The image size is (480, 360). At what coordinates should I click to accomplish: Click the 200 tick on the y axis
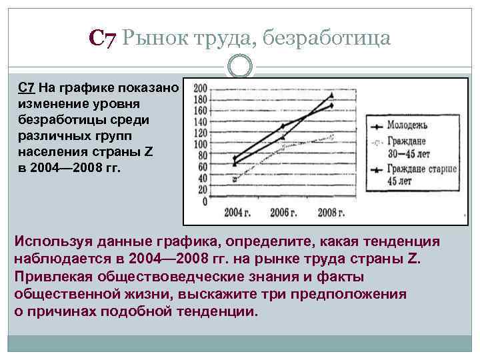[200, 87]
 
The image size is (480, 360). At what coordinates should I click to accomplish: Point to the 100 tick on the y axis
[200, 143]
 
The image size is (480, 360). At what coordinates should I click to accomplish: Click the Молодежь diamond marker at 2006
[282, 126]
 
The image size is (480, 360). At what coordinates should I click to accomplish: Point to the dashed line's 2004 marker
[234, 179]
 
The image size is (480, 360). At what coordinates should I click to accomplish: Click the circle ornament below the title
[240, 66]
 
